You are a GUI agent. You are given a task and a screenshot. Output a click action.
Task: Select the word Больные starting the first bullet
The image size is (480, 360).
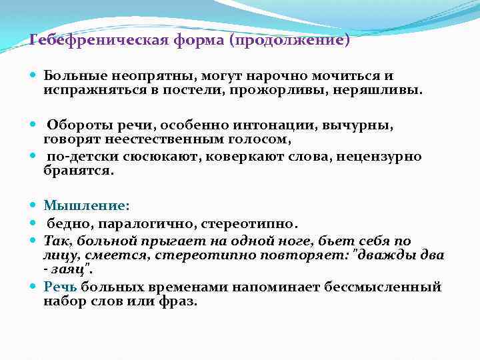(73, 77)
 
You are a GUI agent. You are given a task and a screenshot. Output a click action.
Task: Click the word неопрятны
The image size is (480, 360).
(149, 77)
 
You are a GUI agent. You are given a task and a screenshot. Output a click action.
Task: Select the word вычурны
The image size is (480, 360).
(357, 126)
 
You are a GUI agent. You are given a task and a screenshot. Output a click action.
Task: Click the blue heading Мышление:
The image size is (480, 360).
(87, 206)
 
